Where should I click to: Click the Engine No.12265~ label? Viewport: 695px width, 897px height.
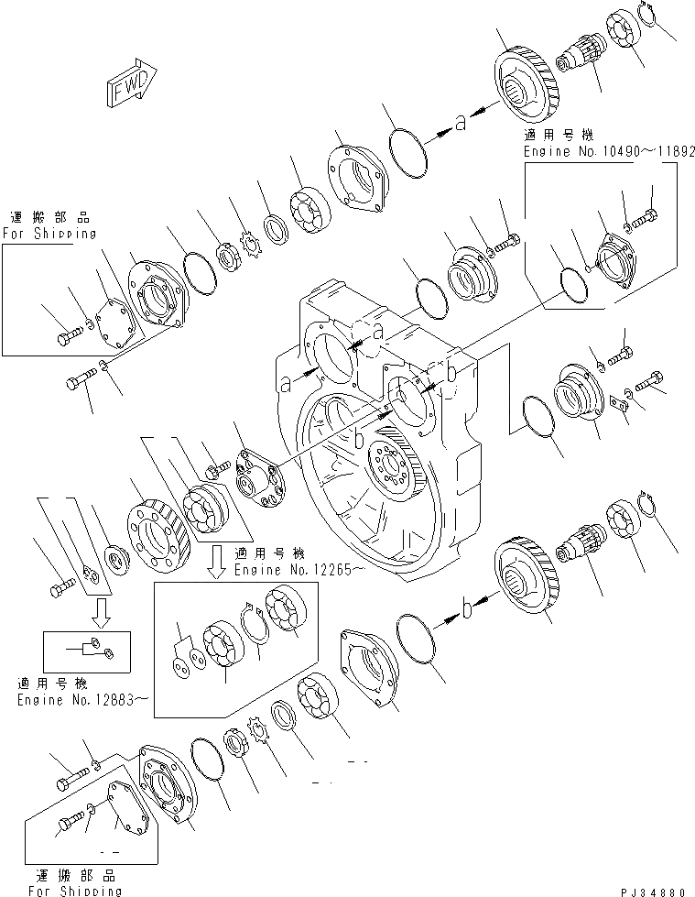click(x=287, y=568)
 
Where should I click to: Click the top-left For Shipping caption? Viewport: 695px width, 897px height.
click(x=50, y=233)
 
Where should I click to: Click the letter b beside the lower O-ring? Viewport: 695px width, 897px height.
click(x=467, y=606)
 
